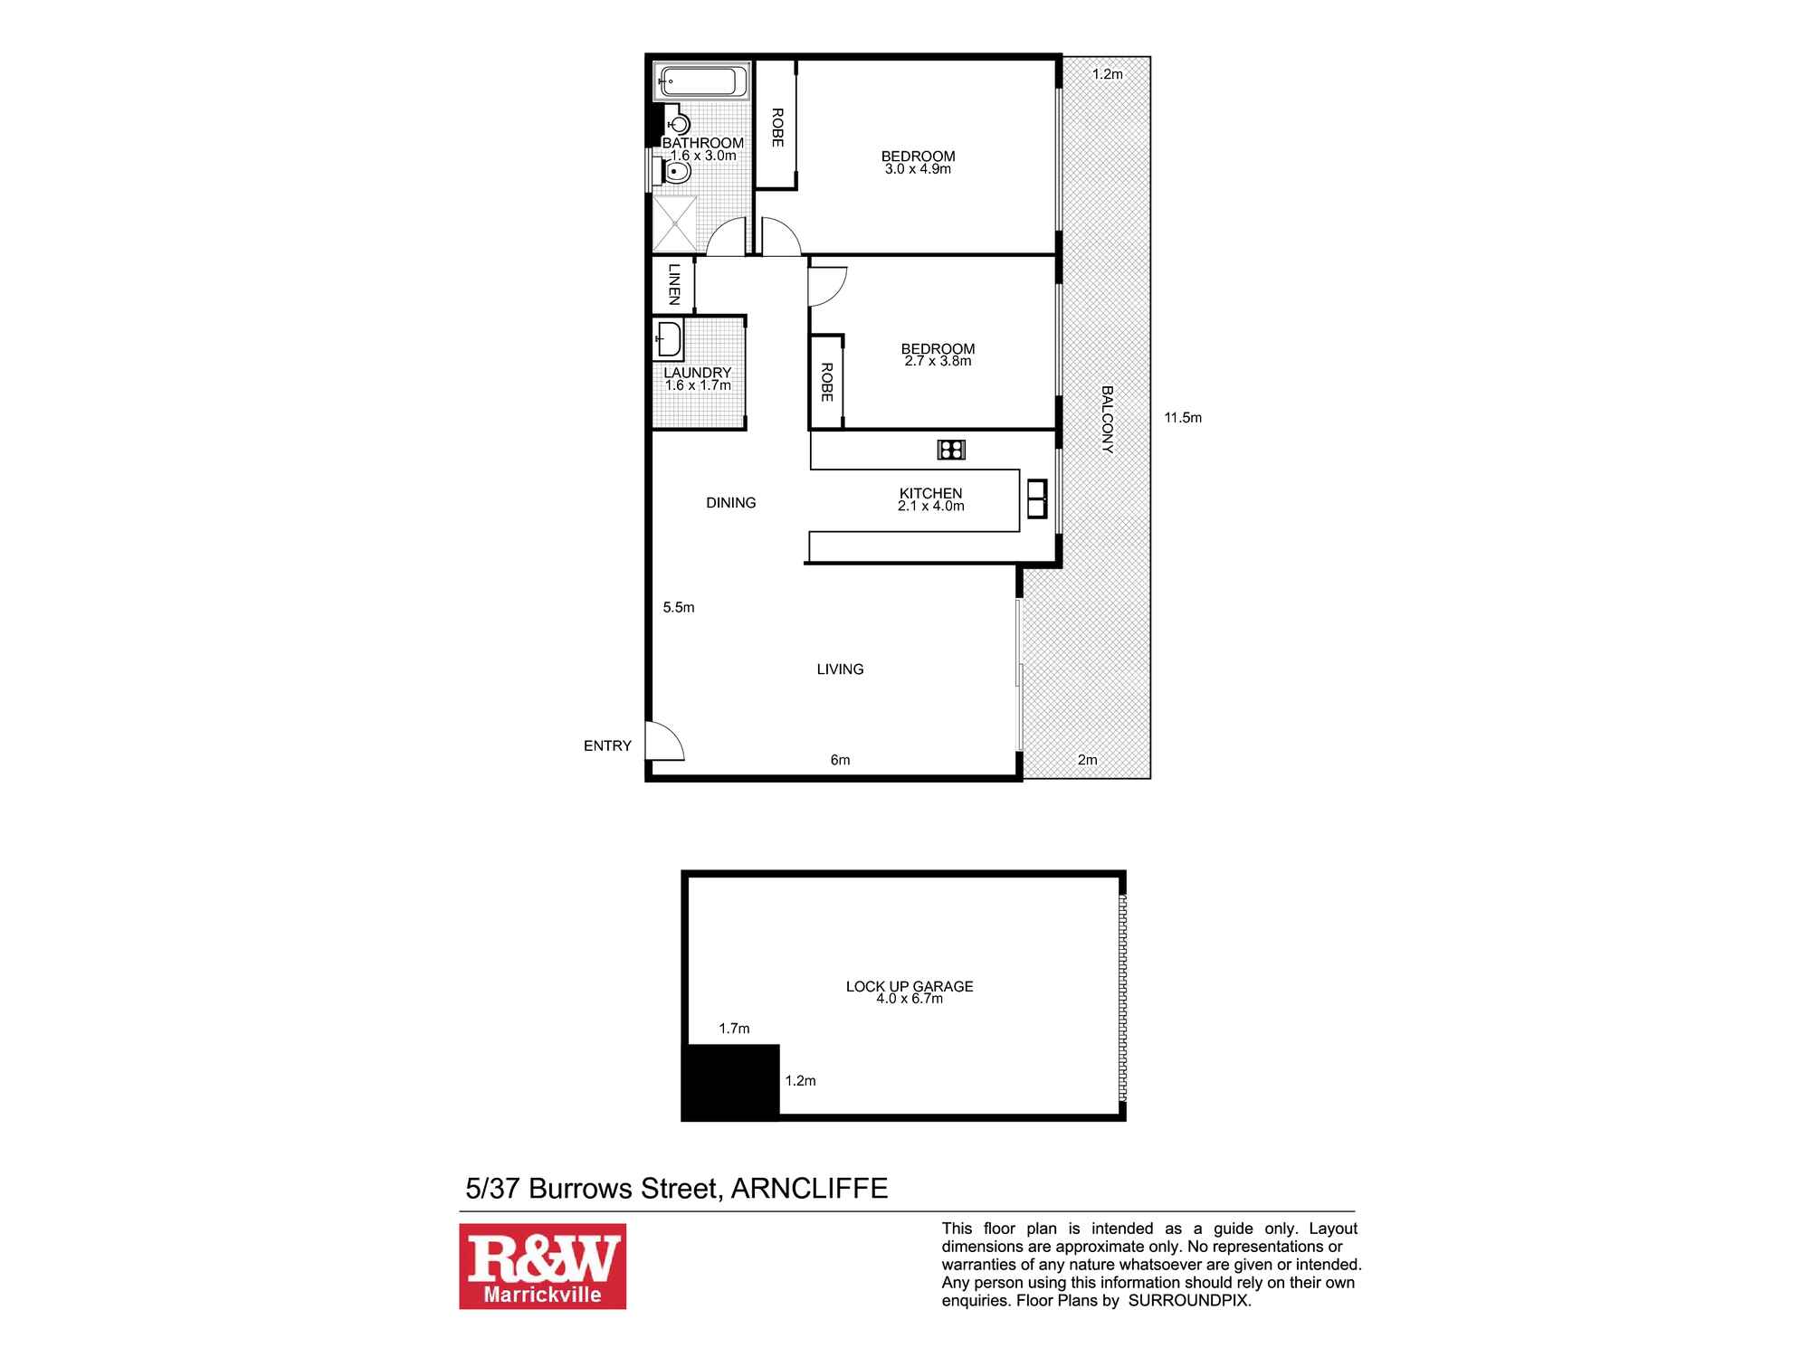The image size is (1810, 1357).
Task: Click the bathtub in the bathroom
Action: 702,82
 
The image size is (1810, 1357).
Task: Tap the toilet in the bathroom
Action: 677,170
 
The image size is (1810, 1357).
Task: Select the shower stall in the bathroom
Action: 675,223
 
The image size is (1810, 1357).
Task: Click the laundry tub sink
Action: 668,340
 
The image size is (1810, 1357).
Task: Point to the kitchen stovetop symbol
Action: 951,449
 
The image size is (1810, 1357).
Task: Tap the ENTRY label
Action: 607,745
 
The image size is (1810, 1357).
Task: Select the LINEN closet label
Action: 674,283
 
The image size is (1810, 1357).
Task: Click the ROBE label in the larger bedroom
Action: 776,128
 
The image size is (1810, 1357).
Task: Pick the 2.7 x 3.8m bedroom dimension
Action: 938,361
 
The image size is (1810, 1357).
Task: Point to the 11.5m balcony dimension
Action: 1183,418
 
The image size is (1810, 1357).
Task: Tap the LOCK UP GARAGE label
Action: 910,986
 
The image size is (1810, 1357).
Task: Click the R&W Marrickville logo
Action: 542,1266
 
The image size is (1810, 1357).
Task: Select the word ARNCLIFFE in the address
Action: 809,1188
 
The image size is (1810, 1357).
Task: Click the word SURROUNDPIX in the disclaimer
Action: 1188,1301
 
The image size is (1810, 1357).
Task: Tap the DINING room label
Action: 730,503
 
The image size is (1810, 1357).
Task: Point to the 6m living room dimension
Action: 840,760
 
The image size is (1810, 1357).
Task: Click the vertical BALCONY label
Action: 1107,420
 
